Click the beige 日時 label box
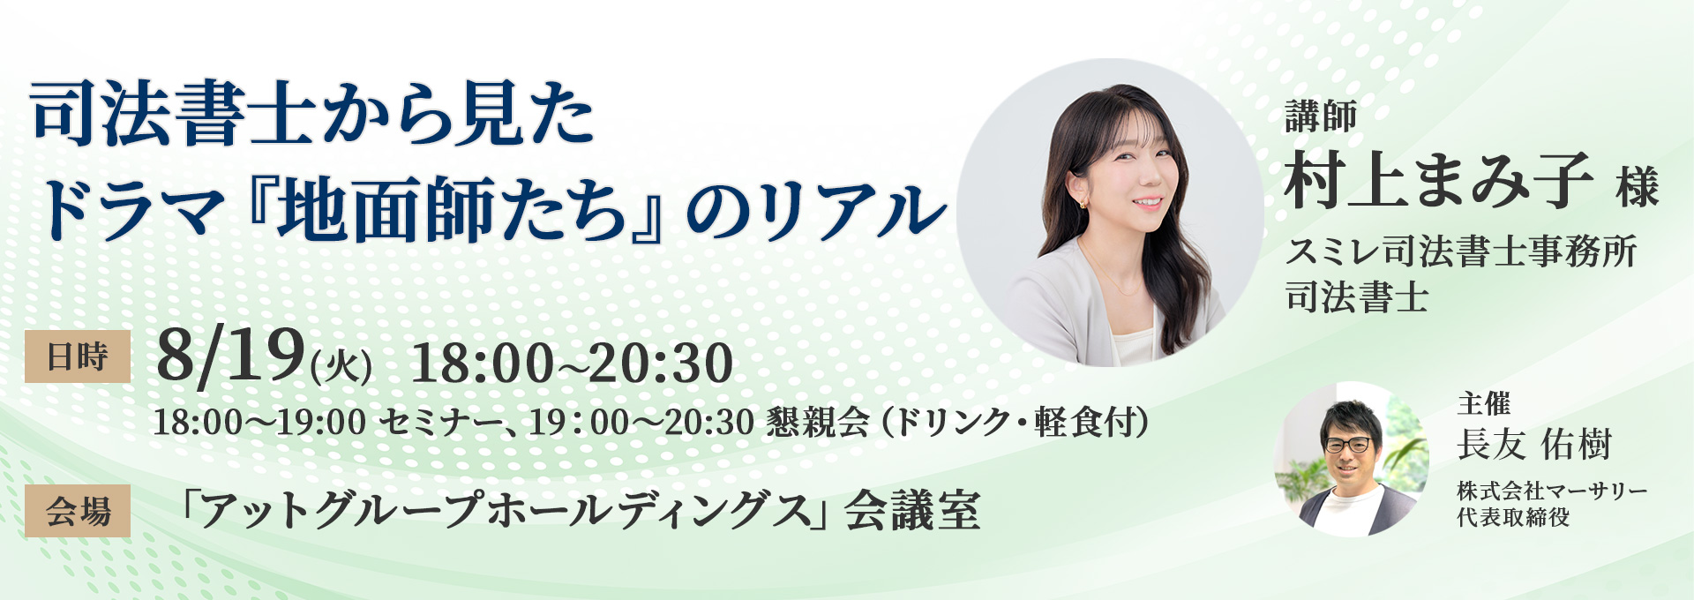click(x=78, y=356)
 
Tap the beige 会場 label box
click(x=78, y=511)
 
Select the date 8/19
click(x=230, y=357)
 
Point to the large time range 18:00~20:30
click(x=572, y=363)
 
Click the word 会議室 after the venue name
click(x=912, y=511)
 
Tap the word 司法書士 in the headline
click(x=173, y=116)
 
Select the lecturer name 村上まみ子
click(x=1438, y=181)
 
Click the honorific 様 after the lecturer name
click(x=1638, y=187)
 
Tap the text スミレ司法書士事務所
click(x=1461, y=252)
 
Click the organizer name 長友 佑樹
click(x=1534, y=444)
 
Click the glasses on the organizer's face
click(x=1347, y=445)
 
